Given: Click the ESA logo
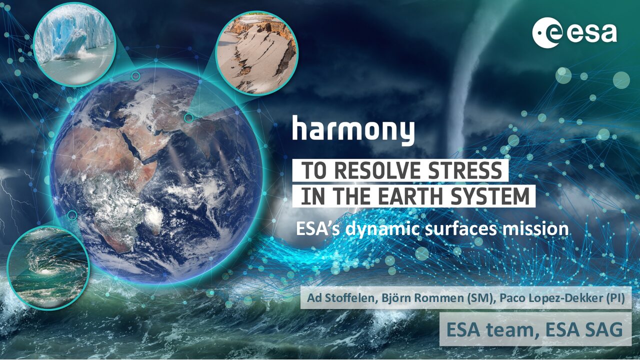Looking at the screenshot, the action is coord(574,32).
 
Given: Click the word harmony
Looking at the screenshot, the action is coord(353,130).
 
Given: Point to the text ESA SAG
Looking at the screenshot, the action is coord(584,329).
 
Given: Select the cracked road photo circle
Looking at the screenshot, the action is coord(256,53).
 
